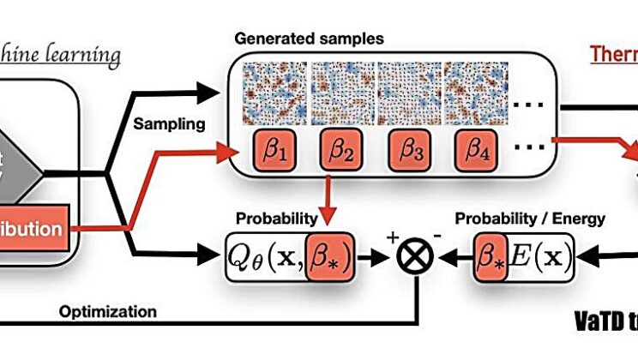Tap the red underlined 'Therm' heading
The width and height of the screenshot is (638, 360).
(x=612, y=53)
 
